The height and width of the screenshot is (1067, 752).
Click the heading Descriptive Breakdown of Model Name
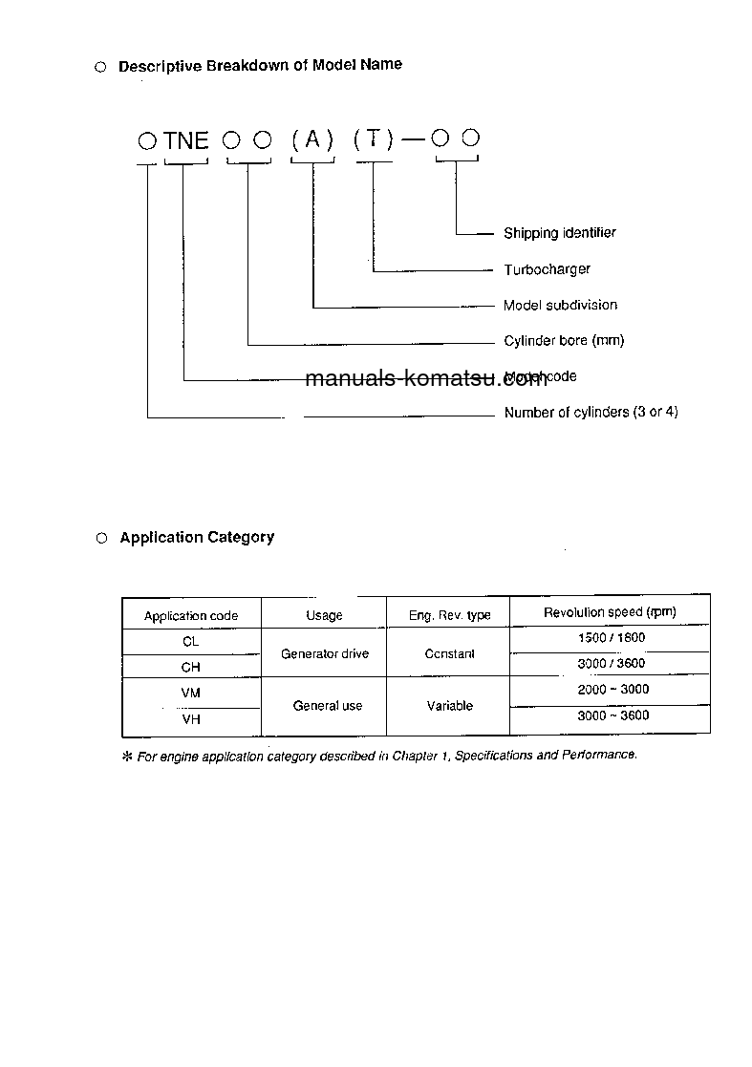coord(260,65)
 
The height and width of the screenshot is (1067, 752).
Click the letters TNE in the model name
coord(186,140)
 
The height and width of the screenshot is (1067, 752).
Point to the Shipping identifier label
coord(560,233)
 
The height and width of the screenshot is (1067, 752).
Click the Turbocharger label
coord(548,269)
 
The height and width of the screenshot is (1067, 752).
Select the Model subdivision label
coord(561,306)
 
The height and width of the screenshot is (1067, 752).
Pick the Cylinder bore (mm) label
coord(564,341)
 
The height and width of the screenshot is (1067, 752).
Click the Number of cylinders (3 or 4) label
coord(591,413)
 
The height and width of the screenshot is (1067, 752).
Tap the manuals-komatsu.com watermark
coord(426,379)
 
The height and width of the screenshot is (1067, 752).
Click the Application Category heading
coord(197,538)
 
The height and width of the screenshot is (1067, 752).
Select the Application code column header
coord(191,616)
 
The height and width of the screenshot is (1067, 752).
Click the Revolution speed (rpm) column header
coord(610,612)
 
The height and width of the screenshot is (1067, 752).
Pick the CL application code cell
coord(191,642)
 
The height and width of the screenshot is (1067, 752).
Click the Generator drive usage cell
coord(325,654)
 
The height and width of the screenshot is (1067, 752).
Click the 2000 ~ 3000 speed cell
coord(612,690)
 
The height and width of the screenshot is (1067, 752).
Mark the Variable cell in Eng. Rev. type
coord(449,706)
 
